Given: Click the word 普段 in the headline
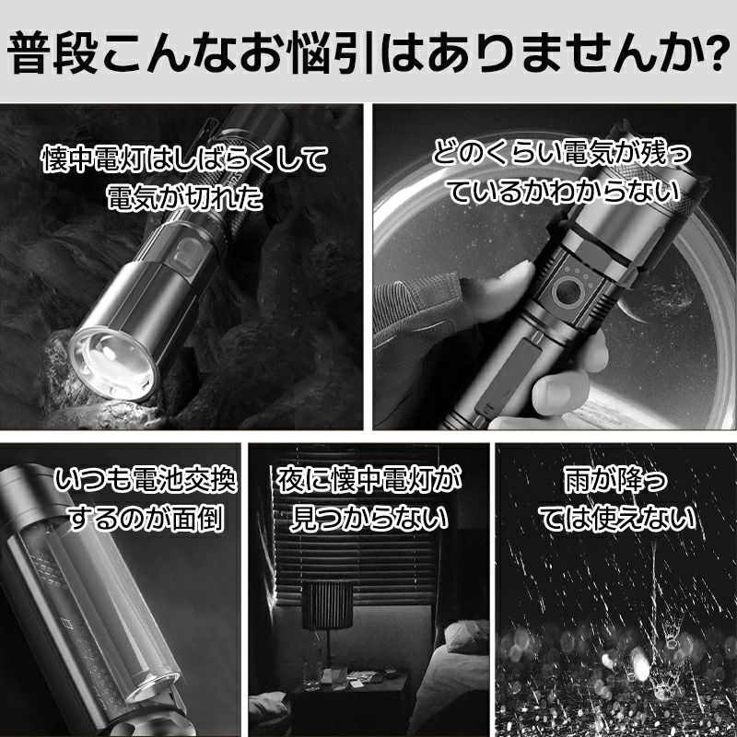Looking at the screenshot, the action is pyautogui.click(x=53, y=53).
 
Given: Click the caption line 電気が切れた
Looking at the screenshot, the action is pyautogui.click(x=184, y=197).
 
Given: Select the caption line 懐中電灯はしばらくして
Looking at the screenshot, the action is pyautogui.click(x=184, y=158).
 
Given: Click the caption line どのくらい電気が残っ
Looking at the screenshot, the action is pyautogui.click(x=561, y=155).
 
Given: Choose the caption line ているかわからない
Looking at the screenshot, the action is pyautogui.click(x=564, y=193).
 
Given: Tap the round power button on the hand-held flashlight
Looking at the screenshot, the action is pyautogui.click(x=567, y=291).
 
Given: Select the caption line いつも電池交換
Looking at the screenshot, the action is pyautogui.click(x=146, y=480).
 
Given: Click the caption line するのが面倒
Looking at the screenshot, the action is pyautogui.click(x=146, y=518).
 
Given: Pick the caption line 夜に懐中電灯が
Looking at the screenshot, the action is pyautogui.click(x=368, y=480).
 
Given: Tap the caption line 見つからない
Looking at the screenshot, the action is pyautogui.click(x=369, y=518).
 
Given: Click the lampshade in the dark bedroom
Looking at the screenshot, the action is pyautogui.click(x=327, y=605).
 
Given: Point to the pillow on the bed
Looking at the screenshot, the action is pyautogui.click(x=466, y=637).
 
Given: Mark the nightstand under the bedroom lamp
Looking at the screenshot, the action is pyautogui.click(x=348, y=703).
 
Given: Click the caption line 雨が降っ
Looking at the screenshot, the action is pyautogui.click(x=615, y=480).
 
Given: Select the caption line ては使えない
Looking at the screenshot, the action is pyautogui.click(x=616, y=518).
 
